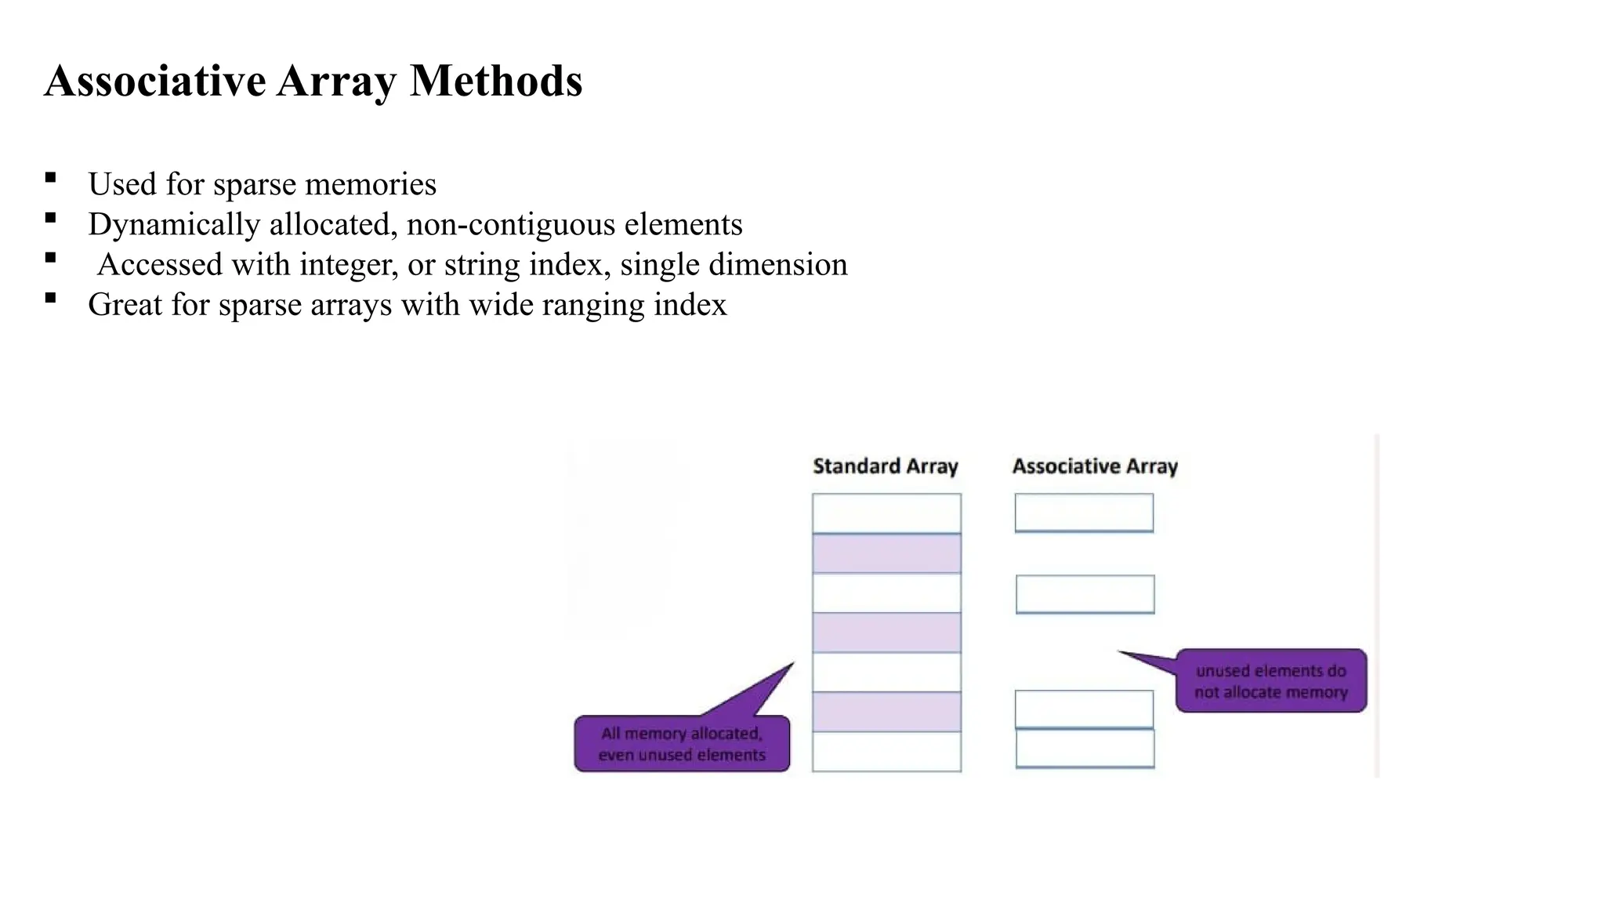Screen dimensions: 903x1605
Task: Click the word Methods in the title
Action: tap(495, 81)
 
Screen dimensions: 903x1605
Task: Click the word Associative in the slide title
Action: tap(155, 81)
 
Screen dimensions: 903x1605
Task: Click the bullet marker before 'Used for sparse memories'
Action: tap(51, 177)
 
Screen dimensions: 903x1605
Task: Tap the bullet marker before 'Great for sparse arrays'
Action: tap(51, 298)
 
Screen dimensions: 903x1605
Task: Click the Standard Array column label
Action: tap(886, 466)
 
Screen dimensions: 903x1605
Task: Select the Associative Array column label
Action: tap(1095, 466)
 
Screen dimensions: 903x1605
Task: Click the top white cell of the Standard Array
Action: tap(886, 513)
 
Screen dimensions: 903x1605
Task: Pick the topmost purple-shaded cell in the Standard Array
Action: tap(886, 553)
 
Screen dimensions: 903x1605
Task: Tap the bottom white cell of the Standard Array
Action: tap(886, 752)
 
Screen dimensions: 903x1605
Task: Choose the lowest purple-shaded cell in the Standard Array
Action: tap(886, 712)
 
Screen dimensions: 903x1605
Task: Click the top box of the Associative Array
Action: tap(1084, 513)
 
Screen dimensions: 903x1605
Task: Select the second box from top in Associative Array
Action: tap(1085, 594)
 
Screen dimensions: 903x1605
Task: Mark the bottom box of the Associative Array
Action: tap(1085, 749)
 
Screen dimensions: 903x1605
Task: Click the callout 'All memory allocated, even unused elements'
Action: tap(682, 744)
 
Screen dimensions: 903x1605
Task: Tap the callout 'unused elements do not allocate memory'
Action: tap(1270, 681)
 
